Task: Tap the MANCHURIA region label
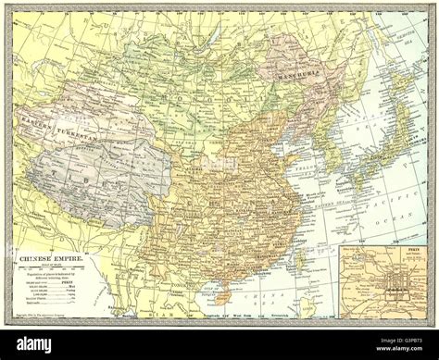pos(294,68)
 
